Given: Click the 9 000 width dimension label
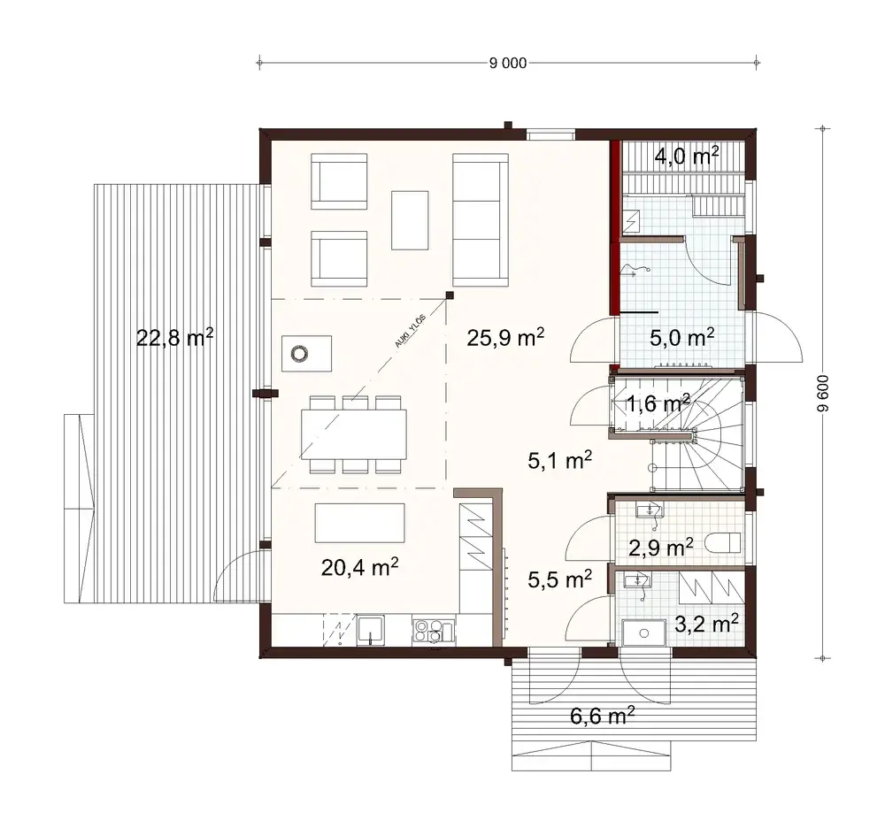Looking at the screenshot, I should point(508,63).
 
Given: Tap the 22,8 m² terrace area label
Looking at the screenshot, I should point(175,337).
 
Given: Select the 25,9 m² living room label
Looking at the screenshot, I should point(504,337).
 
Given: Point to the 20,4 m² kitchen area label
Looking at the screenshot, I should point(359,567).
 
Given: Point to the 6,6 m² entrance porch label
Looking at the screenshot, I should point(602,716).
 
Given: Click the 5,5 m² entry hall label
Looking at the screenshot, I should point(559,579).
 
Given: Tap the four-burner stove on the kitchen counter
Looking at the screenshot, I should point(431,630).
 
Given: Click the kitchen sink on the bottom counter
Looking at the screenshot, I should point(369,630).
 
